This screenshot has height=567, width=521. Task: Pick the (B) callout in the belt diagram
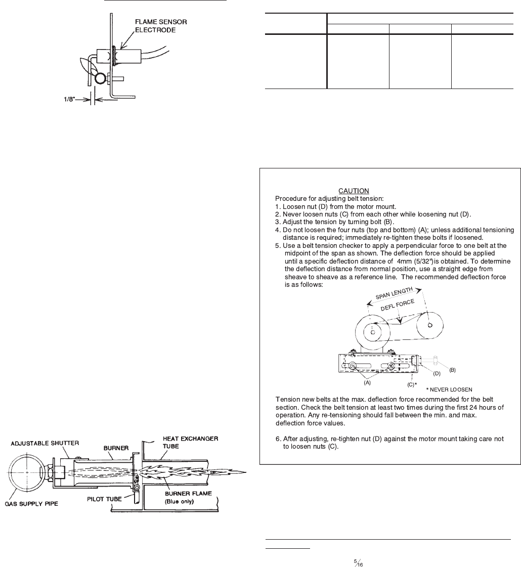(452, 370)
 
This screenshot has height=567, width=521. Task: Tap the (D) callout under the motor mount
(437, 374)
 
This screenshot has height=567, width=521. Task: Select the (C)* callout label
(412, 384)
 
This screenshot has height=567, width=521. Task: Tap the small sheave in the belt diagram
(429, 325)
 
